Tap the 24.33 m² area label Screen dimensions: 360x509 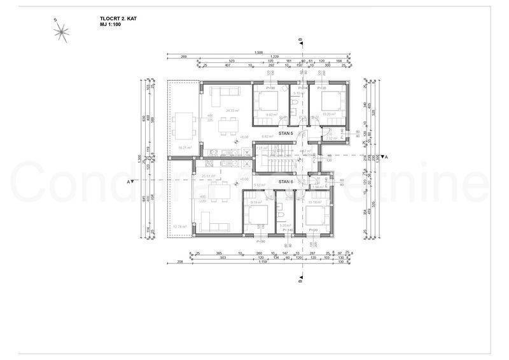pyautogui.click(x=232, y=111)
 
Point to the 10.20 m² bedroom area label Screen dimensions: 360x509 pyautogui.click(x=328, y=114)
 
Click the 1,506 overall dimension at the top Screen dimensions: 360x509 pyautogui.click(x=258, y=52)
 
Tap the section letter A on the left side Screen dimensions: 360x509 pyautogui.click(x=129, y=182)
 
